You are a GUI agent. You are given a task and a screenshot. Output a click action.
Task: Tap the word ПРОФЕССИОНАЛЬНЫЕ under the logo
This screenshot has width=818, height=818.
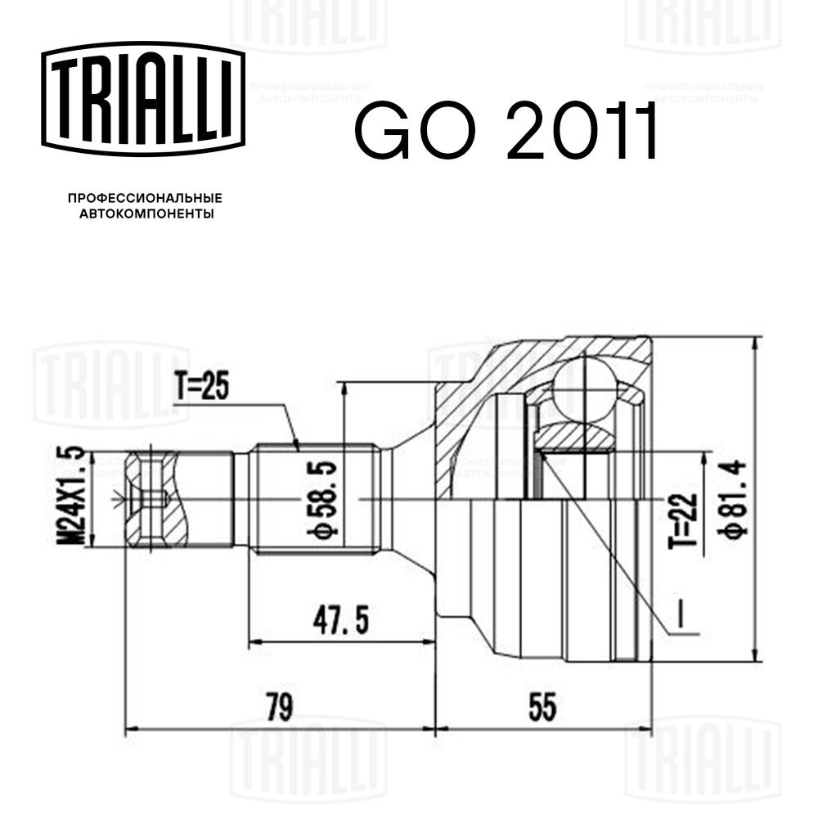[144, 199]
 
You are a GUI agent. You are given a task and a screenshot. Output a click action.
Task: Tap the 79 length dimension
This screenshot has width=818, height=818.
[280, 705]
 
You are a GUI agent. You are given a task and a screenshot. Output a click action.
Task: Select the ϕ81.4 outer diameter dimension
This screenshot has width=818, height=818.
[732, 497]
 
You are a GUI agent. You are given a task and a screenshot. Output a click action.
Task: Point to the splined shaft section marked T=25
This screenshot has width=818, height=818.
[315, 498]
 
